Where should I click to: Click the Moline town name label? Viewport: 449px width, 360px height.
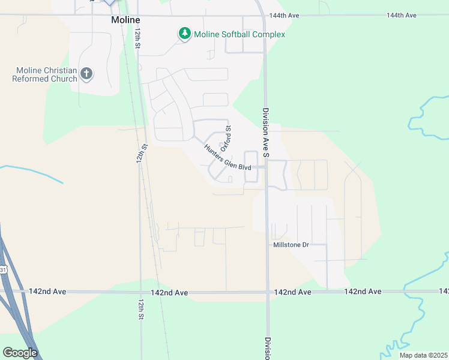click(125, 19)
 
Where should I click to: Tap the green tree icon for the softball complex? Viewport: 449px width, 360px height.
click(185, 34)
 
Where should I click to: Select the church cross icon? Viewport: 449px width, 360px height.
click(86, 74)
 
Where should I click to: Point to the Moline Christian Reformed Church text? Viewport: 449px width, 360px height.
click(45, 74)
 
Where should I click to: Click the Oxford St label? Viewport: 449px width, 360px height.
click(226, 139)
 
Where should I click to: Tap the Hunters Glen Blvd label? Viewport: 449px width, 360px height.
click(227, 158)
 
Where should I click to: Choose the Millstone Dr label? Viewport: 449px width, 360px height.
click(291, 245)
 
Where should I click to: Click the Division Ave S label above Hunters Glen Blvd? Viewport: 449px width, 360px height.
click(265, 133)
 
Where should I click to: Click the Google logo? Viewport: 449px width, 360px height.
click(20, 353)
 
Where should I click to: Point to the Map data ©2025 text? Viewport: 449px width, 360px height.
click(424, 355)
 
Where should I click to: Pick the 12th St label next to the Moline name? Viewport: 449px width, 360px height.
click(137, 37)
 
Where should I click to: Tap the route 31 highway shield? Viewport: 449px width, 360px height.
click(3, 271)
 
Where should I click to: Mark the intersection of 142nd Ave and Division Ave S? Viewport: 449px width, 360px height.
click(268, 292)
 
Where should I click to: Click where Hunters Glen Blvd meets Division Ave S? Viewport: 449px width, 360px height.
click(267, 167)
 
